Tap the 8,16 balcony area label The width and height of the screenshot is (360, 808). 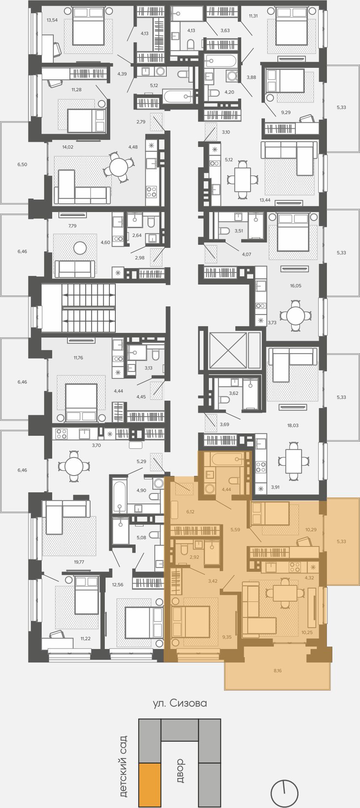coord(277,670)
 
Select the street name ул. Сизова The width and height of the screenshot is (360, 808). coord(180,703)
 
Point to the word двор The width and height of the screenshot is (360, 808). coord(180,771)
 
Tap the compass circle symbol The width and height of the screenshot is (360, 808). coord(285,792)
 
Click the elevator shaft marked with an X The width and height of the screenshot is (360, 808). coord(229,350)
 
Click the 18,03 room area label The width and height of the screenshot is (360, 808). coord(293,425)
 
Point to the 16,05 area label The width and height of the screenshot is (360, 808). coord(296,286)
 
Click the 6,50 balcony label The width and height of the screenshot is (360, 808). coord(22,165)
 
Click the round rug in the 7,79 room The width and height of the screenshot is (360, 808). coord(80,248)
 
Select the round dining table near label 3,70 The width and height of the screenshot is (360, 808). coord(75,466)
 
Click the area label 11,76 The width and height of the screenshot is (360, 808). coord(78,358)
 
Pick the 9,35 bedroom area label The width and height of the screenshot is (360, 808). coord(227,637)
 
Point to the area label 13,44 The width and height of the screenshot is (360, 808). coord(265,200)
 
